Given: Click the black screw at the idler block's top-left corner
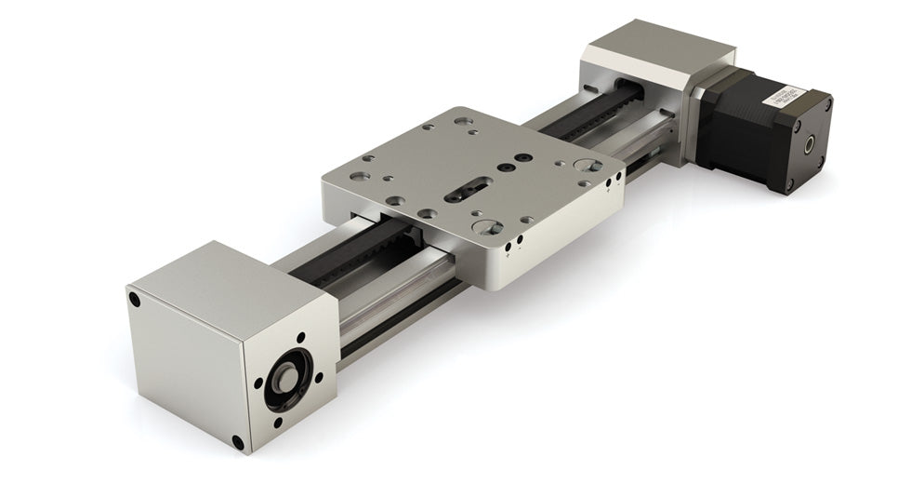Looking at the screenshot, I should [x=135, y=300].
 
